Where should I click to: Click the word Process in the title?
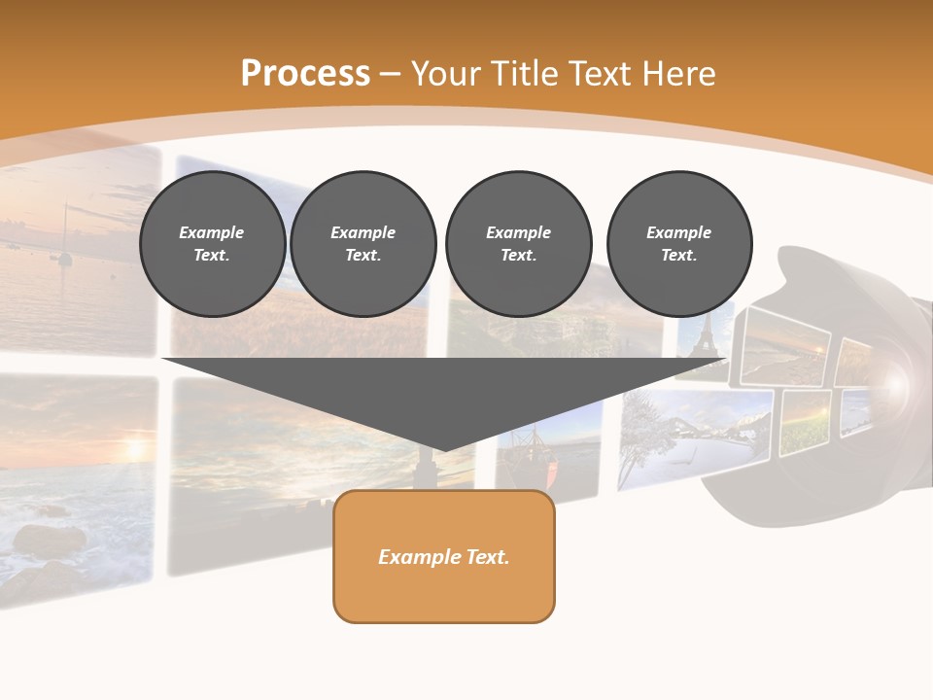[x=305, y=74]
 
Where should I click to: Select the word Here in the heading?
[x=678, y=74]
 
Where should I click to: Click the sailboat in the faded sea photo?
[x=65, y=243]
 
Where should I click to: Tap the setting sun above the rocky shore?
[x=133, y=448]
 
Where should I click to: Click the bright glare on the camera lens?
[x=895, y=383]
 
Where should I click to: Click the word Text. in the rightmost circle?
[x=678, y=256]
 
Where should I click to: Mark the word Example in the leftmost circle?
[x=212, y=232]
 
